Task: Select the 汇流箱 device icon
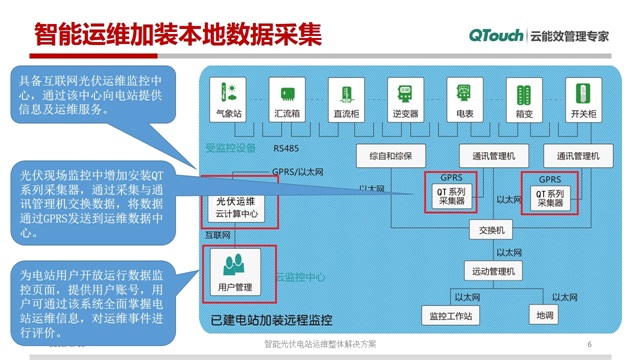coord(287,94)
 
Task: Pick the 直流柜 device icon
coord(344,94)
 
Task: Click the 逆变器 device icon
coord(404,94)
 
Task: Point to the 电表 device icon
coord(464,94)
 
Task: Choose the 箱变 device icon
coord(523,94)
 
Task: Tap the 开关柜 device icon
coord(582,94)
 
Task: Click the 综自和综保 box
coord(397,157)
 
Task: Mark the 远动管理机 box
coord(491,272)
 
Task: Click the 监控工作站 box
coord(450,316)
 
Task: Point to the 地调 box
coord(545,316)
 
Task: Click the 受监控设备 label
coord(231,147)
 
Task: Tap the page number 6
coord(590,344)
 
